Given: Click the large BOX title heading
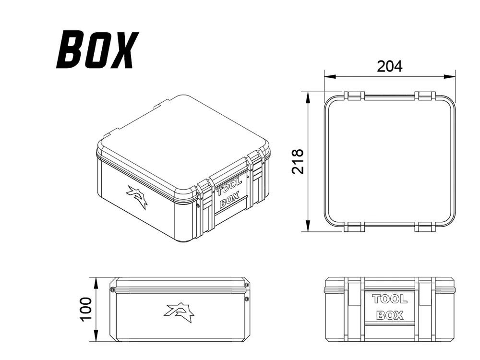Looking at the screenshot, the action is point(97,49).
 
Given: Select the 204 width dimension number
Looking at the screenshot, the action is point(389,66).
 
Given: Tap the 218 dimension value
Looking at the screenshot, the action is point(297,161).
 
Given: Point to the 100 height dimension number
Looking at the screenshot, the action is point(86,309).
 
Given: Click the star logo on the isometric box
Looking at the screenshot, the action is point(137,197).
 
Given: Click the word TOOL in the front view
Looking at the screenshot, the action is point(390,299).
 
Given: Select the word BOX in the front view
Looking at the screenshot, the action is point(390,315).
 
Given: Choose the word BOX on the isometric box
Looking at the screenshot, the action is point(229,201).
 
